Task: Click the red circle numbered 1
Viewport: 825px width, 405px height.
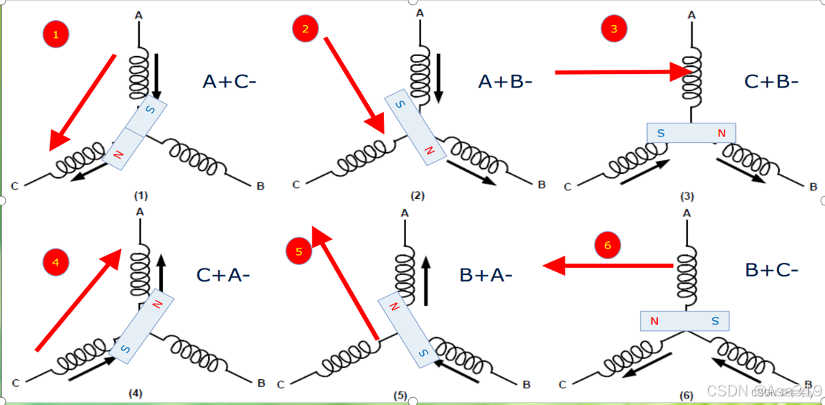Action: tap(56, 34)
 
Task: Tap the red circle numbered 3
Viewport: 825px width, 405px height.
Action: tap(613, 29)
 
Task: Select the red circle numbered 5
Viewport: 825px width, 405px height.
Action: tap(299, 251)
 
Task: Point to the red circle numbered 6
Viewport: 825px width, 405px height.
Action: tap(608, 246)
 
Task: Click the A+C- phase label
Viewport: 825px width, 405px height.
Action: tap(229, 82)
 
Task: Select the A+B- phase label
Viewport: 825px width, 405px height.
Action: tap(505, 82)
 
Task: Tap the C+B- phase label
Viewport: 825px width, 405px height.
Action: tap(771, 82)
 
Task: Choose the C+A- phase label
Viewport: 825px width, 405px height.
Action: tap(223, 275)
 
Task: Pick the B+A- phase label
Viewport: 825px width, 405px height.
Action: tap(486, 275)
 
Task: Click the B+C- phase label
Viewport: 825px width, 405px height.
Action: tap(771, 270)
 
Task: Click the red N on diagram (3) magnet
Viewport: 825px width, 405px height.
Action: tap(721, 134)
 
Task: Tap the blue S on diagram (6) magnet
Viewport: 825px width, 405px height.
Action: tap(715, 321)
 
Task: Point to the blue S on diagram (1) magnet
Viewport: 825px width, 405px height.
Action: tap(150, 108)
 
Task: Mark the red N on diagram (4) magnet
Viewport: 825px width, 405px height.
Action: tap(157, 304)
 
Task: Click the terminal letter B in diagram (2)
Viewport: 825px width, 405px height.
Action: tap(542, 185)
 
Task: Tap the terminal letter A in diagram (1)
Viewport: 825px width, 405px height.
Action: tap(138, 14)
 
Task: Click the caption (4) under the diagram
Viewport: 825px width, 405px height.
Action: tap(136, 394)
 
